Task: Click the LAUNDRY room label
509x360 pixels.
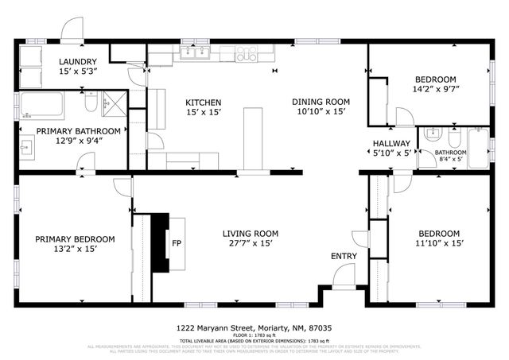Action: coord(77,61)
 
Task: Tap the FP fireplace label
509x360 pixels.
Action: coord(177,243)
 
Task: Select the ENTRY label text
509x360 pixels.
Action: coord(344,256)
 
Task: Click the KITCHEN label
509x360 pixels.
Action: coord(203,102)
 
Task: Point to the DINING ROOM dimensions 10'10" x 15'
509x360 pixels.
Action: coord(321,112)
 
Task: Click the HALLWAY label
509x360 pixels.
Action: coord(391,144)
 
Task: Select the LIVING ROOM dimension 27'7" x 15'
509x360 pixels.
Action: coord(248,245)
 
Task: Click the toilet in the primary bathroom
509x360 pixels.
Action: coord(91,103)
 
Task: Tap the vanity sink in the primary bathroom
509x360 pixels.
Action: coord(27,147)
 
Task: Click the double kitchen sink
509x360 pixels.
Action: coord(195,53)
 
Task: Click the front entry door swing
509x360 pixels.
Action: coord(344,278)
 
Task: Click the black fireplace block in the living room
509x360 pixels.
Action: coord(161,243)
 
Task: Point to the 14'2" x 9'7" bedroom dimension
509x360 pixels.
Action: coord(435,91)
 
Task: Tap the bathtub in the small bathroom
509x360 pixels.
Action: coord(479,146)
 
